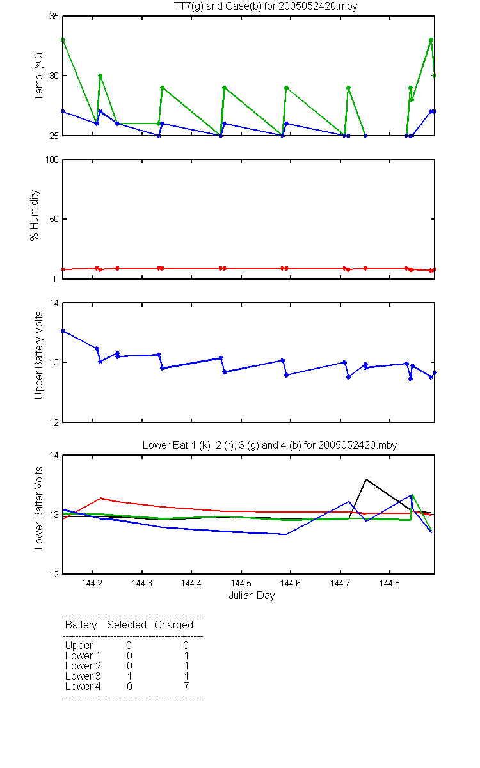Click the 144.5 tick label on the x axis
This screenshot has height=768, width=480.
(241, 583)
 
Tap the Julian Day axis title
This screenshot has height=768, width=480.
(252, 596)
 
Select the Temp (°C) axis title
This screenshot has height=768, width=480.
(39, 76)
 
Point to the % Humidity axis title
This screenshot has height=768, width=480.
(35, 215)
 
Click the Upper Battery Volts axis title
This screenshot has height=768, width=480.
(39, 355)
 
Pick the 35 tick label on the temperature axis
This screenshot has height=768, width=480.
(54, 16)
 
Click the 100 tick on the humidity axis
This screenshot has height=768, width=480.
(52, 159)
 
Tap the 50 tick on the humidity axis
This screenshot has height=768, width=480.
(54, 219)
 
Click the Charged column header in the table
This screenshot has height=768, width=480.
(173, 625)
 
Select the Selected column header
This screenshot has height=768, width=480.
(127, 625)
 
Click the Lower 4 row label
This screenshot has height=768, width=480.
(83, 686)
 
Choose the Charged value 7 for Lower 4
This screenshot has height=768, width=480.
(186, 686)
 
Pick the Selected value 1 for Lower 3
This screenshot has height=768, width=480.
(129, 676)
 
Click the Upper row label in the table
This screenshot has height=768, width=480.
(79, 646)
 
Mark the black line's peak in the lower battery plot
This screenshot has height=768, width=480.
(366, 479)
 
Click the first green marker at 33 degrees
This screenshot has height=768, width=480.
(63, 40)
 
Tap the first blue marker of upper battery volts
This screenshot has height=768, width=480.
(63, 331)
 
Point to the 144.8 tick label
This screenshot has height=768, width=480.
(390, 583)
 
